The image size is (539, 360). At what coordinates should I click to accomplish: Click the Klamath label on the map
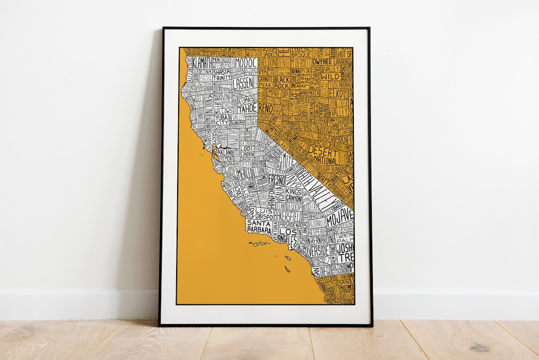pyautogui.click(x=198, y=63)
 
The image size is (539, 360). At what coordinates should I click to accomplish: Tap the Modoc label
pyautogui.click(x=245, y=62)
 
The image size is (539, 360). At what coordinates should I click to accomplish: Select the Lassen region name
pyautogui.click(x=243, y=83)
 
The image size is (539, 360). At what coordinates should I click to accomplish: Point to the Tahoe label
pyautogui.click(x=247, y=108)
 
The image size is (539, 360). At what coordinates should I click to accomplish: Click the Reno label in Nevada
pyautogui.click(x=266, y=108)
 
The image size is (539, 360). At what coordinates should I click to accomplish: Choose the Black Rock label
pyautogui.click(x=281, y=82)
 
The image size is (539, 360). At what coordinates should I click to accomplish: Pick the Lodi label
pyautogui.click(x=247, y=149)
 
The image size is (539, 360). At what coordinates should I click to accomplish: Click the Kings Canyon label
pyautogui.click(x=293, y=195)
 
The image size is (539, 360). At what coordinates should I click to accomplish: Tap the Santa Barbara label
pyautogui.click(x=259, y=227)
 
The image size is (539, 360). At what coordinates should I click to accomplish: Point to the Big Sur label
pyautogui.click(x=234, y=193)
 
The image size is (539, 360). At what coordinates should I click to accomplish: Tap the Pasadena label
pyautogui.click(x=290, y=225)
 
